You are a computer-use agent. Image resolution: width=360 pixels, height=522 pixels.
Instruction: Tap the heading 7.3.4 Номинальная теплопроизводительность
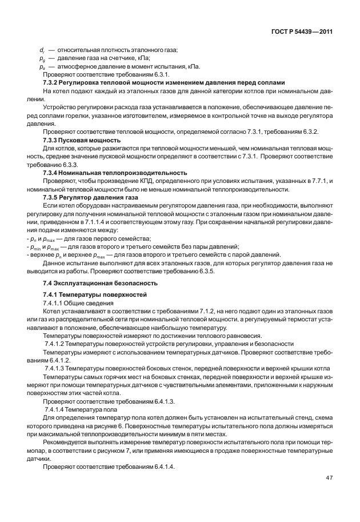[x=115, y=172]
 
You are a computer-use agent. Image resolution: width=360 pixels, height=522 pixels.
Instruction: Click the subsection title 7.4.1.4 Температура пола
[x=81, y=410]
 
